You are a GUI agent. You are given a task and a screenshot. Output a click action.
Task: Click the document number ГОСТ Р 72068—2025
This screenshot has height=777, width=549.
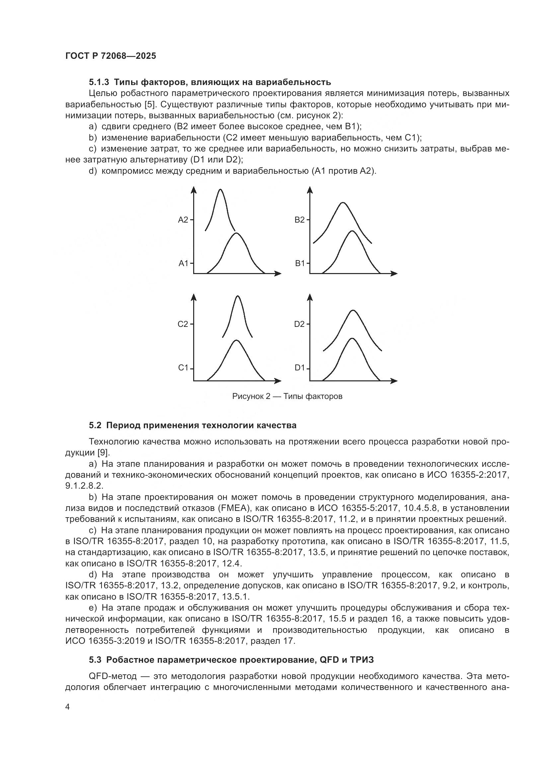[x=111, y=56]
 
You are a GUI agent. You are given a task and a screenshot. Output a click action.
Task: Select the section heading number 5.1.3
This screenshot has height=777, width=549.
[x=99, y=82]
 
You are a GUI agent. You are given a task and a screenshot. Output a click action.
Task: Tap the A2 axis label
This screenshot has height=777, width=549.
[x=183, y=220]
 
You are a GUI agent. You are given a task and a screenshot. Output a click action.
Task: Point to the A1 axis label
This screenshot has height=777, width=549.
[x=183, y=263]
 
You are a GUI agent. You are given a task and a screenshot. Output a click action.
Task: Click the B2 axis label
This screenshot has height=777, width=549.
[x=299, y=220]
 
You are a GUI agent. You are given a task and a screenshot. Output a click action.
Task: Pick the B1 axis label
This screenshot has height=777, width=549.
[x=300, y=263]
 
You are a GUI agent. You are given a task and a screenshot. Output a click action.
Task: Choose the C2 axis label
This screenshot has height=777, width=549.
[x=183, y=324]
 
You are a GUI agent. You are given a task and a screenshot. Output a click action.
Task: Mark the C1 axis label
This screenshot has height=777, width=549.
[x=183, y=368]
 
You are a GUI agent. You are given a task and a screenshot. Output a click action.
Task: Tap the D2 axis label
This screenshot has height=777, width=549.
[x=299, y=324]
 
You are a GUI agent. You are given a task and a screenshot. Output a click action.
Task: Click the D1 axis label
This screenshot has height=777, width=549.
[x=300, y=368]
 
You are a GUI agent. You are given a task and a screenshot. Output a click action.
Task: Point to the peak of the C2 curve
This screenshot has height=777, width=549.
[x=238, y=296]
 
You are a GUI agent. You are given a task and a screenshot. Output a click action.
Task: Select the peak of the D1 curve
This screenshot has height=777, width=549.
[x=353, y=339]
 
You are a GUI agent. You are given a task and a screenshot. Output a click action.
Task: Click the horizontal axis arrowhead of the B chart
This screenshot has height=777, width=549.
[x=394, y=273]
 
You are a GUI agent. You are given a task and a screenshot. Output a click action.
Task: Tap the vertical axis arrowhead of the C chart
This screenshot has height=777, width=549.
[x=194, y=297]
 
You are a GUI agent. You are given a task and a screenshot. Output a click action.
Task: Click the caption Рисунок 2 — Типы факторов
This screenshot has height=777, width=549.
[x=287, y=396]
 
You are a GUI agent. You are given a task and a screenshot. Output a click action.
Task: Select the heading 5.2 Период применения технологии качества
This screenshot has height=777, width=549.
[x=193, y=426]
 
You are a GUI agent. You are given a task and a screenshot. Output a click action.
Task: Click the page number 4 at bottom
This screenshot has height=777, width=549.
[x=67, y=707]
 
